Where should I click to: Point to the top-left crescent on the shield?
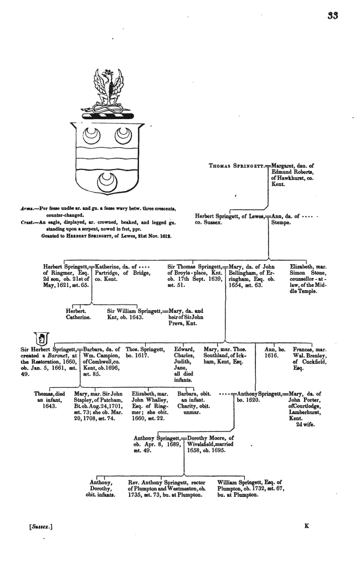tap(90, 135)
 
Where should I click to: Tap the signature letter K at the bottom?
tap(306, 526)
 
